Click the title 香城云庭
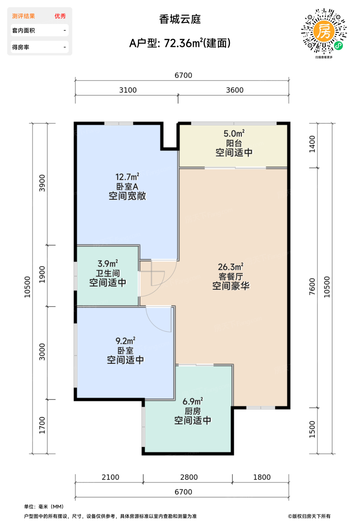tap(180, 19)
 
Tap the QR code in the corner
tap(324, 31)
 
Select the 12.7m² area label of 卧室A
tap(127, 177)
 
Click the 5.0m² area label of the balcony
tap(234, 133)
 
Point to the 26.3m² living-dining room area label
tap(231, 267)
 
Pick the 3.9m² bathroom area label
tap(108, 263)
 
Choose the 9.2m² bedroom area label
tap(125, 341)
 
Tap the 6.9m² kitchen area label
tap(193, 402)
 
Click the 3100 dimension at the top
tap(128, 90)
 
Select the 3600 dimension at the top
tap(235, 90)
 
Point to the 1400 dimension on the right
tap(312, 144)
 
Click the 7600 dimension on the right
tap(312, 286)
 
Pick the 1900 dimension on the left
tap(42, 274)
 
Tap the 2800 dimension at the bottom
tap(189, 477)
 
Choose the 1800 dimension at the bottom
tap(262, 477)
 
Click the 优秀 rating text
tap(60, 16)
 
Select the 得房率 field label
tap(21, 47)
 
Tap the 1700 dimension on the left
tap(42, 425)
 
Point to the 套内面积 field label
tap(23, 30)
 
